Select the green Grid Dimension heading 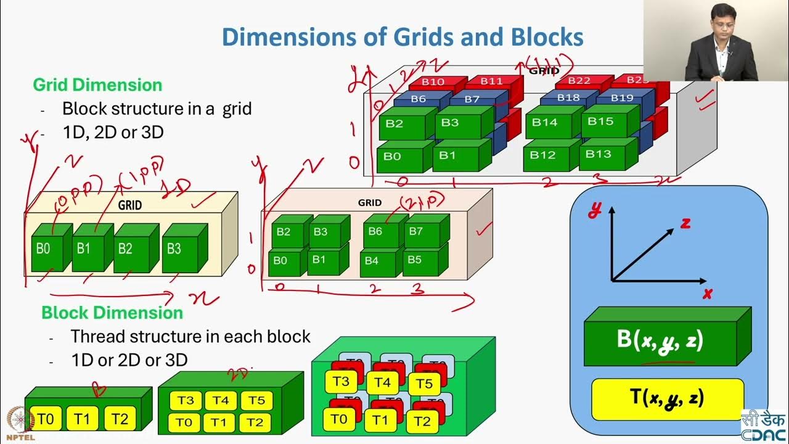coord(97,84)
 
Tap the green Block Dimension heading coord(112,313)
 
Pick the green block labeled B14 coord(544,123)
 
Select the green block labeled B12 coord(542,155)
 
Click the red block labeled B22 coord(579,81)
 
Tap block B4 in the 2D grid coord(372,261)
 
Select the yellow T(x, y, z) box coord(667,399)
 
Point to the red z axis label coord(685,224)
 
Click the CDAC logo coord(763,424)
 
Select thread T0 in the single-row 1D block coord(46,420)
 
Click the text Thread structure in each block coord(190,337)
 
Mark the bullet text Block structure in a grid coord(157,109)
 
